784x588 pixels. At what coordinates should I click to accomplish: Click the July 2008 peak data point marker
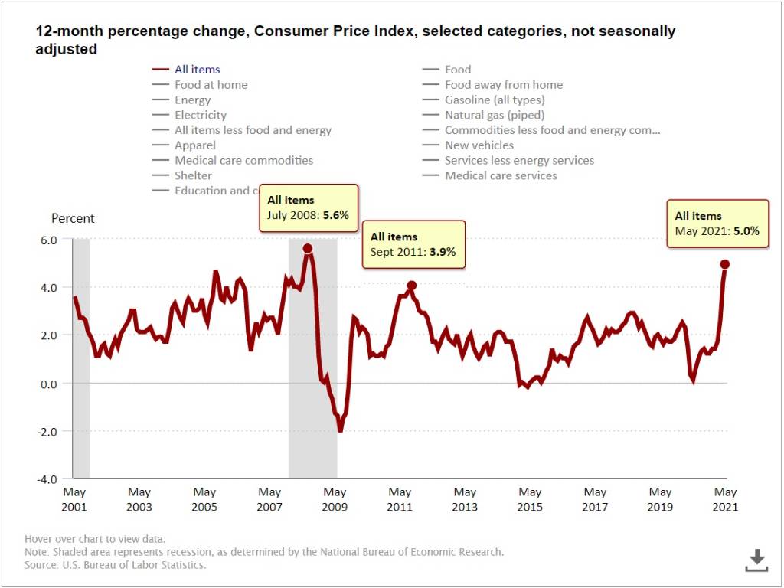[x=308, y=248]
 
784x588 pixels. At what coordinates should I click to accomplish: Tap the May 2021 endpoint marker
[x=725, y=264]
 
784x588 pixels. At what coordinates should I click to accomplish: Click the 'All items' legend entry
[x=197, y=70]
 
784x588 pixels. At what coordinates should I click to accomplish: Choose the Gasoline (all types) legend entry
[x=495, y=100]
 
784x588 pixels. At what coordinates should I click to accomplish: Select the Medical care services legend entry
[x=501, y=175]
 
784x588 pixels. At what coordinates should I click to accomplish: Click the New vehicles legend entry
[x=479, y=145]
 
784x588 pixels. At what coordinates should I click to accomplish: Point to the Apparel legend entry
[x=195, y=145]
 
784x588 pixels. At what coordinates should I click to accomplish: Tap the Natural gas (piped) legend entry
[x=495, y=115]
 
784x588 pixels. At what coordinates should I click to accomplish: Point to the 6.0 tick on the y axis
[x=49, y=240]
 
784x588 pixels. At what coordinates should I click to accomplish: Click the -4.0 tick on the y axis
[x=47, y=479]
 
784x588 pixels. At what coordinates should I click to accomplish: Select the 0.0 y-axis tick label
[x=49, y=384]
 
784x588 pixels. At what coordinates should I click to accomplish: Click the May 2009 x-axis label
[x=335, y=499]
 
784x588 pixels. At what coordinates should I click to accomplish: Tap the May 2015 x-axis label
[x=530, y=499]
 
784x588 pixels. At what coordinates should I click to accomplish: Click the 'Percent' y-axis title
[x=73, y=218]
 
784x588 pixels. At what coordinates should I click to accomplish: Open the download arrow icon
[x=756, y=560]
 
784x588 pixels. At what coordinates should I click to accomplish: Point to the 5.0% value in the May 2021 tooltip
[x=746, y=230]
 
